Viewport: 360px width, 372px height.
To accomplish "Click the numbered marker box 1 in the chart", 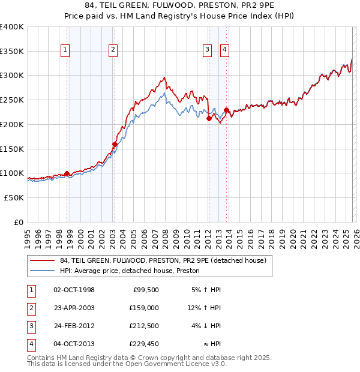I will [x=64, y=50].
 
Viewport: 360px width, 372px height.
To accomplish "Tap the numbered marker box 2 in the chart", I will [x=113, y=50].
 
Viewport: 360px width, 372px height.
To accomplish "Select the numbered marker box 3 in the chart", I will [x=207, y=50].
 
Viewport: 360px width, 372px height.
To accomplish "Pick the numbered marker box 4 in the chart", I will [x=224, y=50].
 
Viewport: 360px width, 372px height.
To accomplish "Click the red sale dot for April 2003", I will [x=115, y=144].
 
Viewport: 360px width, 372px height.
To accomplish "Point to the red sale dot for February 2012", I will [x=209, y=118].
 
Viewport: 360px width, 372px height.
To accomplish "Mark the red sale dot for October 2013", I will [x=226, y=110].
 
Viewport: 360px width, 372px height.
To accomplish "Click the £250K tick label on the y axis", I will [x=12, y=100].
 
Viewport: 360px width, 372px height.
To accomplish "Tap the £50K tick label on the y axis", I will [x=14, y=197].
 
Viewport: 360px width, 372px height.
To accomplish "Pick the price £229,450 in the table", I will [x=143, y=344].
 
